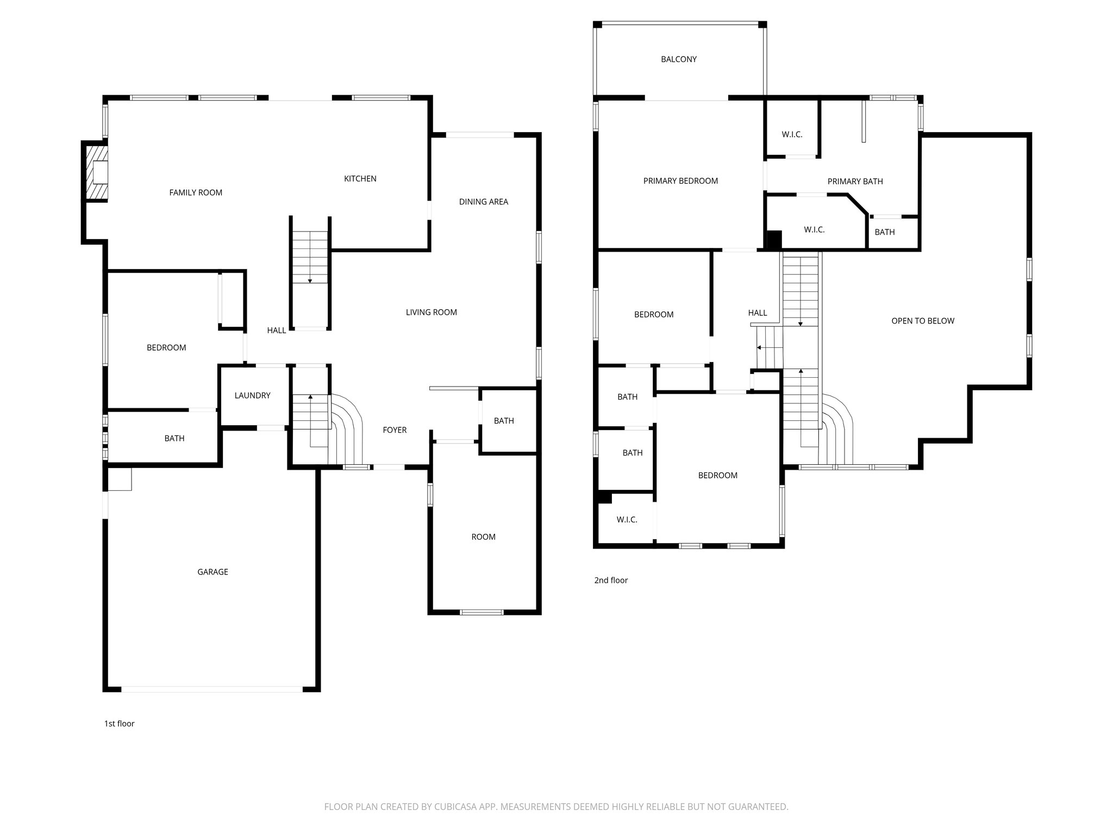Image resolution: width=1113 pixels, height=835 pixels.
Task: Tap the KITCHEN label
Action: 360,179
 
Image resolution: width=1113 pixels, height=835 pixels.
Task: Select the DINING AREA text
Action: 483,202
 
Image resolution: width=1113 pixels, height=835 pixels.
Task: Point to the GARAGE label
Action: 212,572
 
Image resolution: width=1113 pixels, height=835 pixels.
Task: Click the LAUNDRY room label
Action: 252,396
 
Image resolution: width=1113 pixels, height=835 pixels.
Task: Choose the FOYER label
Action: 395,430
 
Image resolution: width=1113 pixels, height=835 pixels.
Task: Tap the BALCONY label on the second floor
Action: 678,59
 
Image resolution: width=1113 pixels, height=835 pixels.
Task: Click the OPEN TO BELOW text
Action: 922,321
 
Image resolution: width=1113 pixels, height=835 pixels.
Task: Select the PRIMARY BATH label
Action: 854,182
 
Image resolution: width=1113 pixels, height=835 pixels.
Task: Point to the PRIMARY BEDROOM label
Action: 680,181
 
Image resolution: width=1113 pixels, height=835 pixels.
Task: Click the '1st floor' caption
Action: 119,724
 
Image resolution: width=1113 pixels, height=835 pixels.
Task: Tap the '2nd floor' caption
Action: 611,580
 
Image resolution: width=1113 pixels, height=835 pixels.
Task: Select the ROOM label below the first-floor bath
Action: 483,537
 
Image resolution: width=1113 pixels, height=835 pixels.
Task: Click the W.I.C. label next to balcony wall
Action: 792,134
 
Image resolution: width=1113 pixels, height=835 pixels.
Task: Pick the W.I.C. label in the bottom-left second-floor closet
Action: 627,520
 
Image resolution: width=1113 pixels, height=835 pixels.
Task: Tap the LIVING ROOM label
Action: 431,312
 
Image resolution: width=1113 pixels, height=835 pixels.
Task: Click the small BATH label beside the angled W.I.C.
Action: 884,232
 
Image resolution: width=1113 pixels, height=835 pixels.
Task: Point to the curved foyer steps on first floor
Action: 348,429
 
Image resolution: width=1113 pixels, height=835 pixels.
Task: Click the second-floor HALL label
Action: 757,313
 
